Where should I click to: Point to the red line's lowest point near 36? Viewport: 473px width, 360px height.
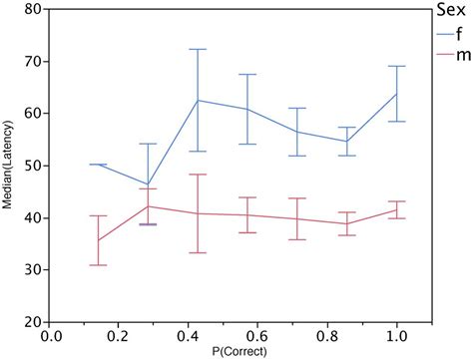pyautogui.click(x=99, y=240)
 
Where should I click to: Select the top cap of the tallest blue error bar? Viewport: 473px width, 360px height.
pyautogui.click(x=197, y=49)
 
